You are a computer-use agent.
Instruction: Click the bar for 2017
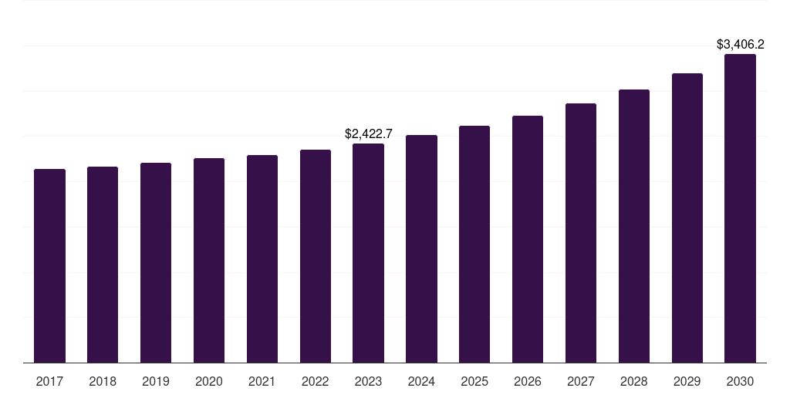click(x=49, y=265)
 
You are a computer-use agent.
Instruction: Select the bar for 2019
click(x=156, y=262)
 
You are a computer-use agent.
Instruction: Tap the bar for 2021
click(x=262, y=258)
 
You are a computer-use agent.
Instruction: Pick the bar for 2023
click(x=368, y=253)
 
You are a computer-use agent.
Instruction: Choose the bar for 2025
click(x=474, y=244)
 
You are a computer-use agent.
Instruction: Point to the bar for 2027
click(x=581, y=233)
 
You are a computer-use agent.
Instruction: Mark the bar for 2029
click(x=687, y=218)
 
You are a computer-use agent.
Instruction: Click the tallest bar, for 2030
click(x=740, y=208)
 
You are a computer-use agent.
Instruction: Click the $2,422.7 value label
click(x=368, y=134)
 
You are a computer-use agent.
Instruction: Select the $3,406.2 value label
click(x=740, y=45)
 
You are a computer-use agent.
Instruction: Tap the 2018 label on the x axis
click(x=103, y=381)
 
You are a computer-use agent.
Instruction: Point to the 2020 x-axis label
click(x=209, y=381)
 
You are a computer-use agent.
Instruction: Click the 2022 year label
click(x=316, y=381)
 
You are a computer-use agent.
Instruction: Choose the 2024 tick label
click(x=421, y=381)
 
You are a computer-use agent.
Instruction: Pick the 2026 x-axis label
click(x=528, y=381)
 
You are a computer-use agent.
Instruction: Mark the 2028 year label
click(x=634, y=381)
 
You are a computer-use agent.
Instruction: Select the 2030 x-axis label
click(x=740, y=381)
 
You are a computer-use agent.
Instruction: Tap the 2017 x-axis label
click(x=49, y=381)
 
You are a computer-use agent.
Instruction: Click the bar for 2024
click(x=421, y=248)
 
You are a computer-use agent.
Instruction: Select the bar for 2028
click(x=634, y=226)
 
